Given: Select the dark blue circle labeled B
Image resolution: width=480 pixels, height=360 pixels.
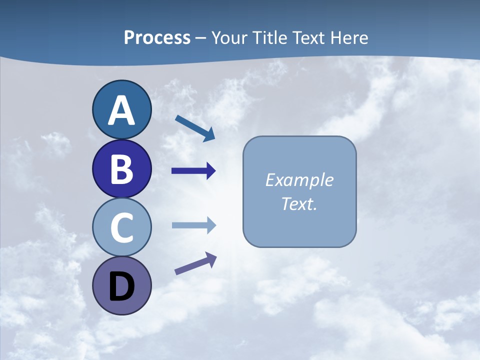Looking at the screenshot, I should click(x=121, y=169).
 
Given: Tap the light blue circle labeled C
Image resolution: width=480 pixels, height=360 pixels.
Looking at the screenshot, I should click(x=121, y=227).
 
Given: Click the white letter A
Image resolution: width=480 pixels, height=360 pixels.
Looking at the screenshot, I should click(x=121, y=110).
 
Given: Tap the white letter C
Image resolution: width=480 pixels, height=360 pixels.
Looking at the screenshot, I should click(x=121, y=228).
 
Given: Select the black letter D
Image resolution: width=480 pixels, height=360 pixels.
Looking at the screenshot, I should click(x=121, y=286).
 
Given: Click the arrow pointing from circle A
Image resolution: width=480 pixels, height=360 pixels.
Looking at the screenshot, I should click(x=195, y=128).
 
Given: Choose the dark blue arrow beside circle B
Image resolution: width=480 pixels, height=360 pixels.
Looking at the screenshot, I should click(x=193, y=171).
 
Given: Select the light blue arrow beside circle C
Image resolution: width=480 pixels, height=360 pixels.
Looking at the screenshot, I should click(x=193, y=225).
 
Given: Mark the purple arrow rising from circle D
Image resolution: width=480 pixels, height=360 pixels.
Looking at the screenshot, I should click(x=195, y=263).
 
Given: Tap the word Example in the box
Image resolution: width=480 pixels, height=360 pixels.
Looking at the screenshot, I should click(x=299, y=180).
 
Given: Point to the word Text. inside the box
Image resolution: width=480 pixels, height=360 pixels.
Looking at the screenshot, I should click(x=299, y=203).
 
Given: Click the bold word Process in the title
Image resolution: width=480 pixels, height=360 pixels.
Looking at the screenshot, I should click(x=157, y=37).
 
